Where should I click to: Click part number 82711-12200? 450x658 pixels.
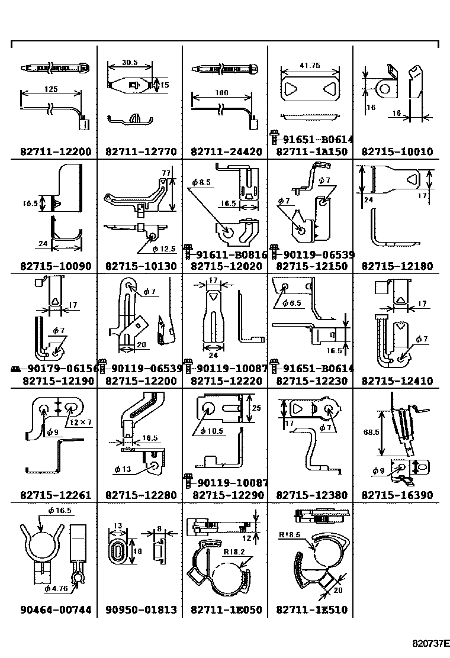pyautogui.click(x=56, y=151)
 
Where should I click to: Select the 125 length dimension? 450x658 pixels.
pyautogui.click(x=51, y=89)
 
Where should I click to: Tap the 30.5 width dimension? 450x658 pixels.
pyautogui.click(x=130, y=63)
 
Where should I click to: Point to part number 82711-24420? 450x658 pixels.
pyautogui.click(x=226, y=151)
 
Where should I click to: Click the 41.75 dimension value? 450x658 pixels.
pyautogui.click(x=310, y=66)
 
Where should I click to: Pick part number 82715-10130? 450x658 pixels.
pyautogui.click(x=141, y=266)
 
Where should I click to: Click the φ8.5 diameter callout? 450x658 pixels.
pyautogui.click(x=201, y=182)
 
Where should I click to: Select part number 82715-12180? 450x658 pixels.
pyautogui.click(x=397, y=266)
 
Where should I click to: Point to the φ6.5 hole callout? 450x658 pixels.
pyautogui.click(x=292, y=303)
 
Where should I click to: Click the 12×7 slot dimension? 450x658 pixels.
pyautogui.click(x=81, y=422)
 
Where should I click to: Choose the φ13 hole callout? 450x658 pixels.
pyautogui.click(x=123, y=469)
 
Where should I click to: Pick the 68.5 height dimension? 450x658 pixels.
pyautogui.click(x=371, y=432)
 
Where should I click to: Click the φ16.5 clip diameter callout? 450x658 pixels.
pyautogui.click(x=60, y=511)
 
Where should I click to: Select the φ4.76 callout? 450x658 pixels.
pyautogui.click(x=56, y=588)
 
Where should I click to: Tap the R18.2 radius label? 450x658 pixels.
pyautogui.click(x=234, y=552)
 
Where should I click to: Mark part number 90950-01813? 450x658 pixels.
pyautogui.click(x=141, y=609)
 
